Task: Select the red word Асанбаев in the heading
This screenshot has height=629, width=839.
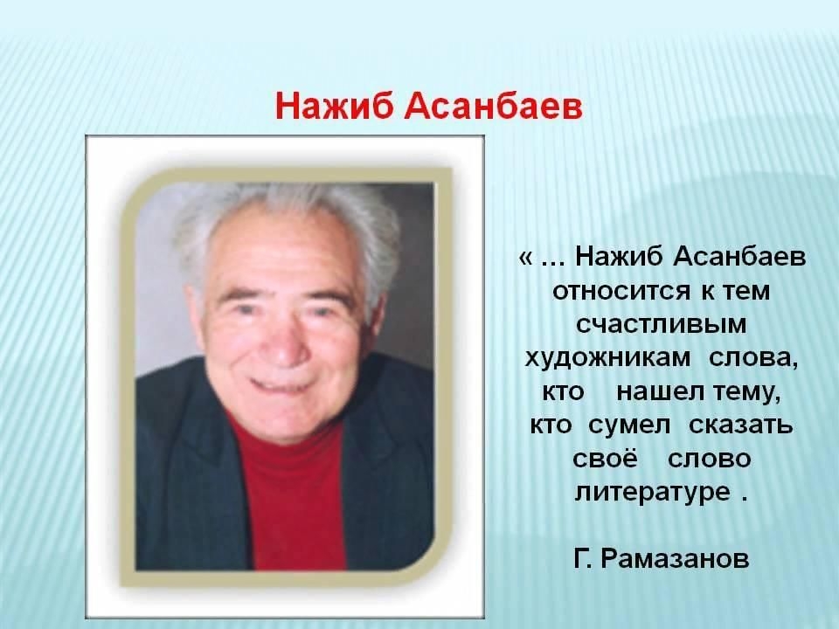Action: tap(493, 107)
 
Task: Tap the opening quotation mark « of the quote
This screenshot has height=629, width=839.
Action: tap(525, 259)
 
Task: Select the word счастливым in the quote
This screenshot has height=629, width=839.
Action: tap(662, 325)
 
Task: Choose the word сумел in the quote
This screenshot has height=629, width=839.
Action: tap(629, 426)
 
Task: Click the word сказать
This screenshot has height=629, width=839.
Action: tap(741, 426)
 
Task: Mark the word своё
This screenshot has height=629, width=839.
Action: tap(605, 459)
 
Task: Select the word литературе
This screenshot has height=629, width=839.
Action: tap(652, 493)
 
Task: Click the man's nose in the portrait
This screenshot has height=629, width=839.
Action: tap(284, 341)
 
